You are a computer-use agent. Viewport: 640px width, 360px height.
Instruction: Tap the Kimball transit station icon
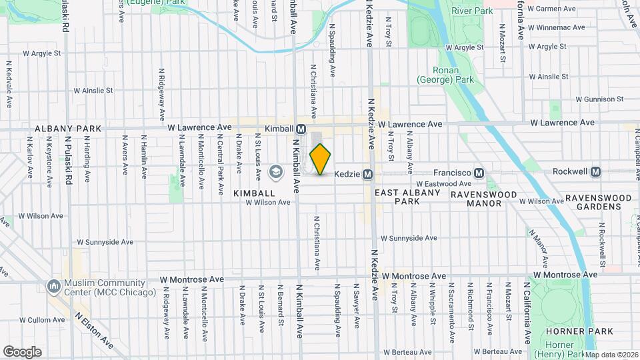click(x=301, y=129)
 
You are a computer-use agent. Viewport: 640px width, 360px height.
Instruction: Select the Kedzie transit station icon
click(x=367, y=174)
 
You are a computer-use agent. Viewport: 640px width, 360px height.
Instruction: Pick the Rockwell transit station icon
click(x=596, y=171)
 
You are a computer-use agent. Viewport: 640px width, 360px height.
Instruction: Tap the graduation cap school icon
click(x=275, y=173)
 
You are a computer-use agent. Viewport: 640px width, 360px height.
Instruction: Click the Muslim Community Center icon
click(x=53, y=286)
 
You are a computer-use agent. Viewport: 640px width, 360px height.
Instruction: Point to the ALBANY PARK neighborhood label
click(x=60, y=128)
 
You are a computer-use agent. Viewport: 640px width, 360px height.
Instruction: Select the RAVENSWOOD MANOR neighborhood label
click(x=484, y=195)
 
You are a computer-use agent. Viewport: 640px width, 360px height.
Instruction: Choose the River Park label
click(x=471, y=11)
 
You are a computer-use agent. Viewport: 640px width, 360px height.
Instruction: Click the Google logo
click(x=22, y=351)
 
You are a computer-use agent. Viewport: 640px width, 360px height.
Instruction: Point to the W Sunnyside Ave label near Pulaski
click(x=105, y=242)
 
